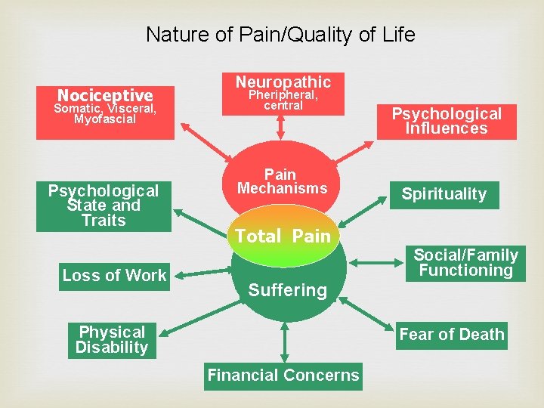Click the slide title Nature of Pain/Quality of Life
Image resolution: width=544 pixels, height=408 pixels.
click(280, 35)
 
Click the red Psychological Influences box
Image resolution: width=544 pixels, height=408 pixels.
click(446, 121)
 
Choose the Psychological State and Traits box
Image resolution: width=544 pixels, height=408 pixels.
click(104, 206)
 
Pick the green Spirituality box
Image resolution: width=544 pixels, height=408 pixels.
click(444, 194)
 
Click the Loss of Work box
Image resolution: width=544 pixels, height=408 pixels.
click(114, 276)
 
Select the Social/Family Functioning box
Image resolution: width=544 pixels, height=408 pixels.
click(465, 263)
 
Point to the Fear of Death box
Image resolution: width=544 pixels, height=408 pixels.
click(451, 335)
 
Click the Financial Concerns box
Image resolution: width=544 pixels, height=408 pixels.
click(283, 376)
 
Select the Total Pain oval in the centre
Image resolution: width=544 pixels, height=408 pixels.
click(283, 236)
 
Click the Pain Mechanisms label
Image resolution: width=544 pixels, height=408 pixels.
click(280, 181)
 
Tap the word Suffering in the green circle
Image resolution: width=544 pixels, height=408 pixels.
click(288, 290)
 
